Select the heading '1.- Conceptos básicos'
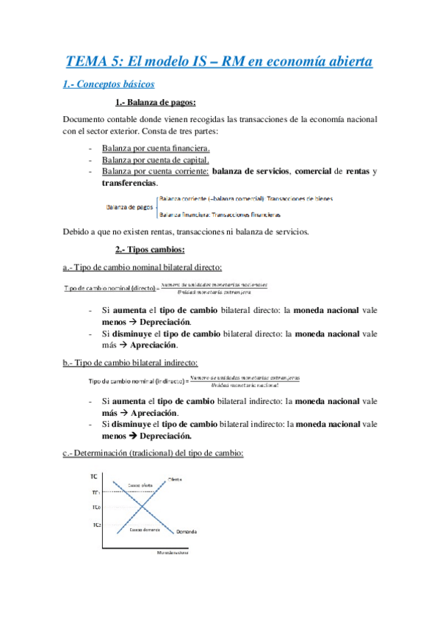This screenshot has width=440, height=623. point(109,84)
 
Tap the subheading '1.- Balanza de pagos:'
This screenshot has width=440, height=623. point(156,102)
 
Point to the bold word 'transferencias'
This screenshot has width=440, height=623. point(129,182)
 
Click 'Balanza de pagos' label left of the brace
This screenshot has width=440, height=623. point(130,207)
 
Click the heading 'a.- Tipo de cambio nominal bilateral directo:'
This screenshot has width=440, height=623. point(143,267)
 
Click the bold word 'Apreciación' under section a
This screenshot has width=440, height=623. point(156,345)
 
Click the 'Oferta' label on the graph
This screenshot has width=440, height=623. point(175,479)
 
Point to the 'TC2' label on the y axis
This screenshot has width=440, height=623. point(97,525)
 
